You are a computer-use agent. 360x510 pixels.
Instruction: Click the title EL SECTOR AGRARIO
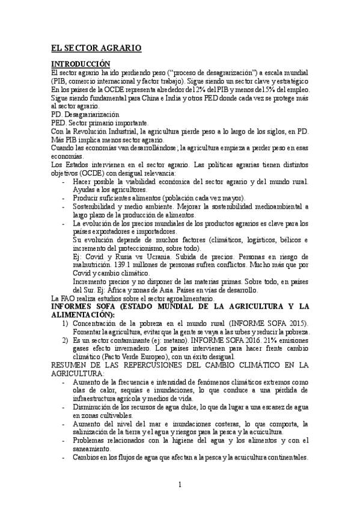point(96,47)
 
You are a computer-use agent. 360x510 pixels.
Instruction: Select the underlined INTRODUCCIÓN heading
point(81,63)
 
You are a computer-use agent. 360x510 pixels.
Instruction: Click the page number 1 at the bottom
point(179,485)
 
